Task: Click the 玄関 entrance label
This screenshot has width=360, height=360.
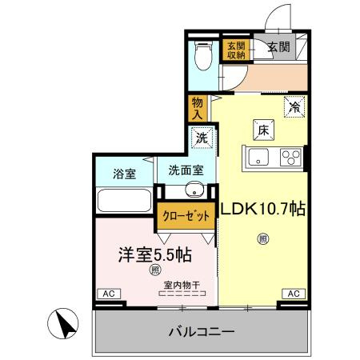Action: (x=279, y=49)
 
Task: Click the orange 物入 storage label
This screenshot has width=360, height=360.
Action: (x=198, y=106)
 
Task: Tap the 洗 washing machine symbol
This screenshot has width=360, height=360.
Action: (x=202, y=137)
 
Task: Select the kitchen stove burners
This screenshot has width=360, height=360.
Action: (x=291, y=157)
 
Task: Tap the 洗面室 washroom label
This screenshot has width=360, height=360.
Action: (x=186, y=170)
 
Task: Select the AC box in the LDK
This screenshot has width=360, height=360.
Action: (x=292, y=294)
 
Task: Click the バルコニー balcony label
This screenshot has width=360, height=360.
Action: (x=201, y=330)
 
